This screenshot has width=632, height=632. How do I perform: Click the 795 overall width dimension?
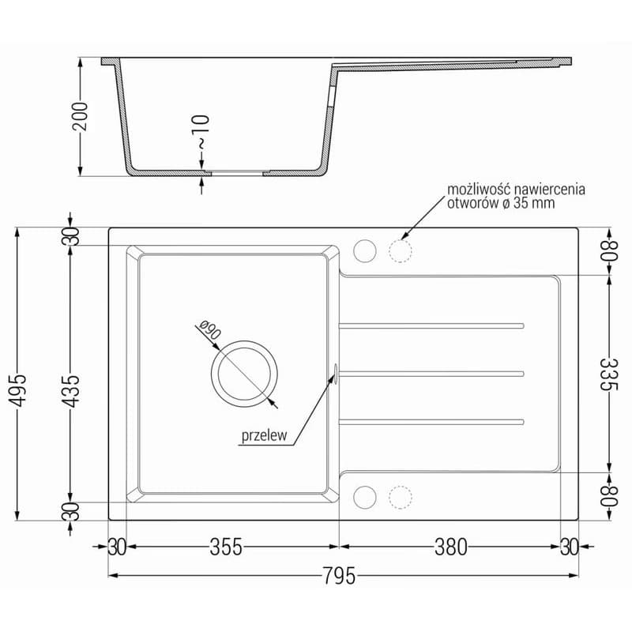pyautogui.click(x=340, y=575)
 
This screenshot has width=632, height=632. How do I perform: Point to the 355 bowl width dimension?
pyautogui.click(x=226, y=547)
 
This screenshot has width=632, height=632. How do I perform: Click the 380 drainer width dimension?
pyautogui.click(x=450, y=547)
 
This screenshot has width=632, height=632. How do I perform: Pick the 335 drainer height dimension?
pyautogui.click(x=608, y=374)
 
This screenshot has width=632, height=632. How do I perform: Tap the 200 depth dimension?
pyautogui.click(x=80, y=116)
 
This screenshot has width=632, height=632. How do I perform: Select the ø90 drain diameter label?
pyautogui.click(x=210, y=329)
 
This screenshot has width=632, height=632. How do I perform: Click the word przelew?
pyautogui.click(x=265, y=436)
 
